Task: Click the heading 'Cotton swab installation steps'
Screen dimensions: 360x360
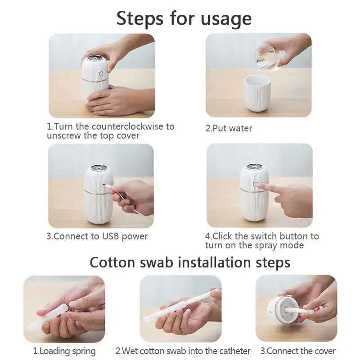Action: pos(189,262)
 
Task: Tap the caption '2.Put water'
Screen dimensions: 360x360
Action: pos(229,128)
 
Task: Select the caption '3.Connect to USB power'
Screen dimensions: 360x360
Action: pos(97,236)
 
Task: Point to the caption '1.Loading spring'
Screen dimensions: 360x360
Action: pos(64,351)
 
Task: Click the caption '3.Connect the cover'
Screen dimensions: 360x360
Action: pos(297,351)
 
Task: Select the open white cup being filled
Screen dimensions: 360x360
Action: pos(258,93)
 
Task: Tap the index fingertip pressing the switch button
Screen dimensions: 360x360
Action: pos(261,185)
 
